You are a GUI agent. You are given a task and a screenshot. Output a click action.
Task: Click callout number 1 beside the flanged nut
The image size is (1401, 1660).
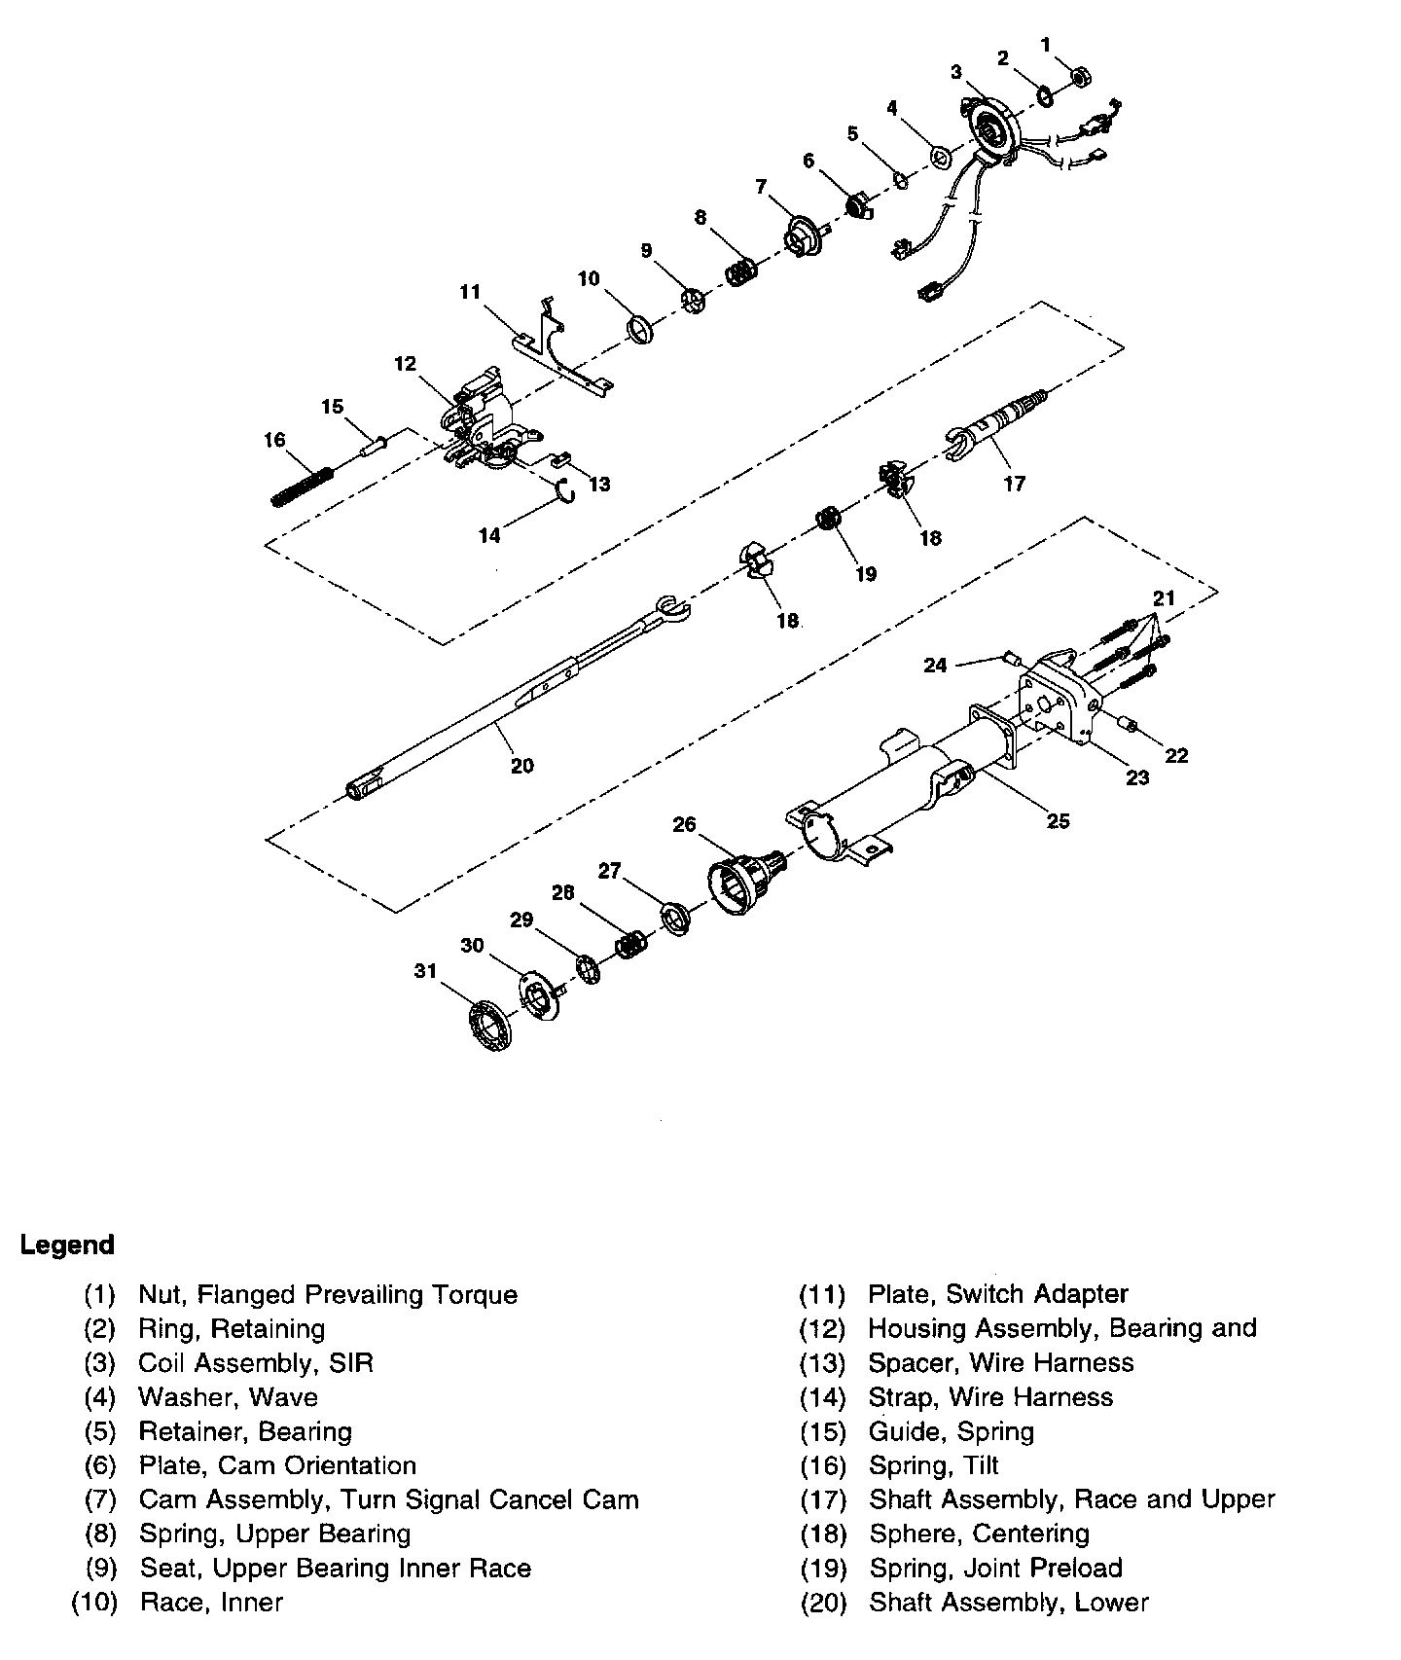pos(1046,44)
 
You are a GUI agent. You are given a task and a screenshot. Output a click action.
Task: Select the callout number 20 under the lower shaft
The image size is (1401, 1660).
pos(522,766)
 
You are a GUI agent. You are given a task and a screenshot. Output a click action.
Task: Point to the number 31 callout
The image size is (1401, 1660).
pos(425,970)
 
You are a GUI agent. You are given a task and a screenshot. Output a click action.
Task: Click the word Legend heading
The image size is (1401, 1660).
pos(67,1245)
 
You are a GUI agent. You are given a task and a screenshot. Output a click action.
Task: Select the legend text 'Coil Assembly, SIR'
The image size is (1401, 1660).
pos(256,1362)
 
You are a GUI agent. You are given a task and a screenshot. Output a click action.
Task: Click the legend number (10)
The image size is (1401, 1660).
pos(94,1602)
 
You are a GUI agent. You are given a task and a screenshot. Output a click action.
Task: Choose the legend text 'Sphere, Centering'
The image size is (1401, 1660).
pos(979,1534)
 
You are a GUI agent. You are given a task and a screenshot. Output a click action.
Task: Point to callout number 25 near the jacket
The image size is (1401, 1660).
pos(1058,820)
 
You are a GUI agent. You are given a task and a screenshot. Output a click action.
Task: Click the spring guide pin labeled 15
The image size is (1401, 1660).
pos(374,445)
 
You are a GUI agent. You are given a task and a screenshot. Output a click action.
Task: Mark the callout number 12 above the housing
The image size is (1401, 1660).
pos(405,364)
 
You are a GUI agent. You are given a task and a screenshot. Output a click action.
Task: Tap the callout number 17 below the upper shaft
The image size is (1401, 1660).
pos(1014,483)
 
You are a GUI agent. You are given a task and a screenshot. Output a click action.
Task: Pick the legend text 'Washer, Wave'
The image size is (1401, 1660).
pos(228,1397)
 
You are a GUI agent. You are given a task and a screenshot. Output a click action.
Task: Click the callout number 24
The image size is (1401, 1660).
pos(935,666)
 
